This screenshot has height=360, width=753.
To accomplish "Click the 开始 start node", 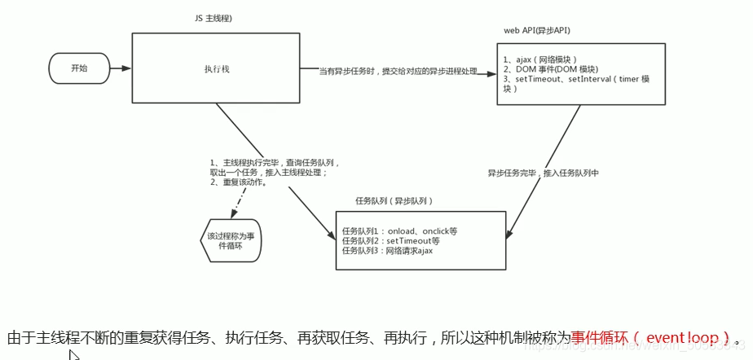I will point(79,68).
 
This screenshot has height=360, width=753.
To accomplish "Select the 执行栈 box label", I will point(216,69).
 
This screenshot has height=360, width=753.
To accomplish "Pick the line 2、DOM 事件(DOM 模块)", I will point(550,69).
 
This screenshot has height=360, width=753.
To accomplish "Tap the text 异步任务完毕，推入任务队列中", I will point(543,173).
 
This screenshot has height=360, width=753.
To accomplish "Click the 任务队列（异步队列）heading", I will point(394,200).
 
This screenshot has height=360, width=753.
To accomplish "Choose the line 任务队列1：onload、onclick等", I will point(399,230).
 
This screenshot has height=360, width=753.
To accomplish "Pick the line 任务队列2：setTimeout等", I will point(390,240).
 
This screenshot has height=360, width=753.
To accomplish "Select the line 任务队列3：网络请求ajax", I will point(387,250).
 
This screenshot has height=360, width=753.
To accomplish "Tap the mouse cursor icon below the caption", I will point(73,354).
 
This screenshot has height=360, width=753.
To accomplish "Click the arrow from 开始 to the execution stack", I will point(121,68).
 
